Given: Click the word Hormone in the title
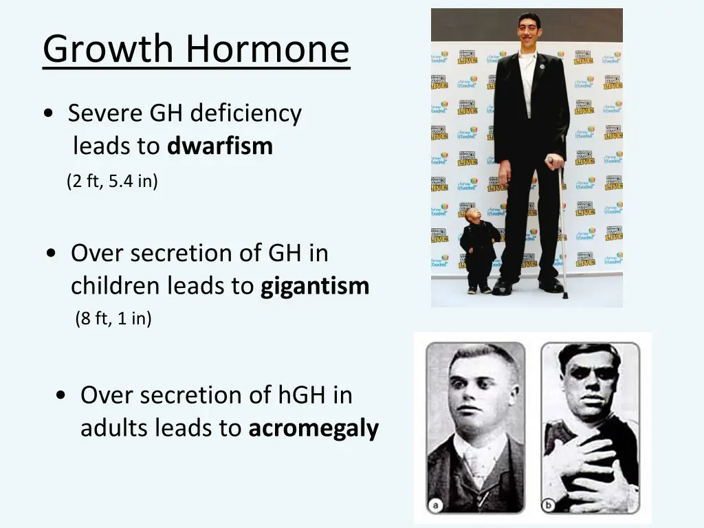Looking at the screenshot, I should [267, 49].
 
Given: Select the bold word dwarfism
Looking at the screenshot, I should [220, 146].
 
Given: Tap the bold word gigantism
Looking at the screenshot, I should [315, 286].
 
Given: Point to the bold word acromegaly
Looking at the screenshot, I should [313, 428].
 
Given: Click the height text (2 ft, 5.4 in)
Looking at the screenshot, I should [112, 181].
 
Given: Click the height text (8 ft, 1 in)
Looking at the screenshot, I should [113, 319].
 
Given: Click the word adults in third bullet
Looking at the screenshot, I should [114, 428].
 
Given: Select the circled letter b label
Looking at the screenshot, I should [550, 505].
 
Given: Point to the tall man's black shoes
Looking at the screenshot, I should [527, 285].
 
